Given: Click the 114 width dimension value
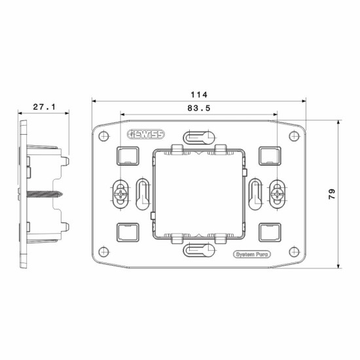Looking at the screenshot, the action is point(199,95).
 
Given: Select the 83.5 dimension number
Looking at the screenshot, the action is point(199,108).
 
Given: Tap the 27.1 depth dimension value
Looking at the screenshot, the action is point(45,107).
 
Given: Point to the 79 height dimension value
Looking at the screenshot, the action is point(332,194).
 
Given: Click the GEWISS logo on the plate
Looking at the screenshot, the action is point(146,134).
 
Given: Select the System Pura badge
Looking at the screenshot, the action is point(252,255).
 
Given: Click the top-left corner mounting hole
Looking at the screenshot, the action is point(104,136).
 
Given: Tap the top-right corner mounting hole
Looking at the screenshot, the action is point(294,136).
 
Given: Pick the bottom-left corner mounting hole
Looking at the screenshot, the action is point(104,251).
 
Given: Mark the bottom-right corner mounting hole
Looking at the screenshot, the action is point(294,252).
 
